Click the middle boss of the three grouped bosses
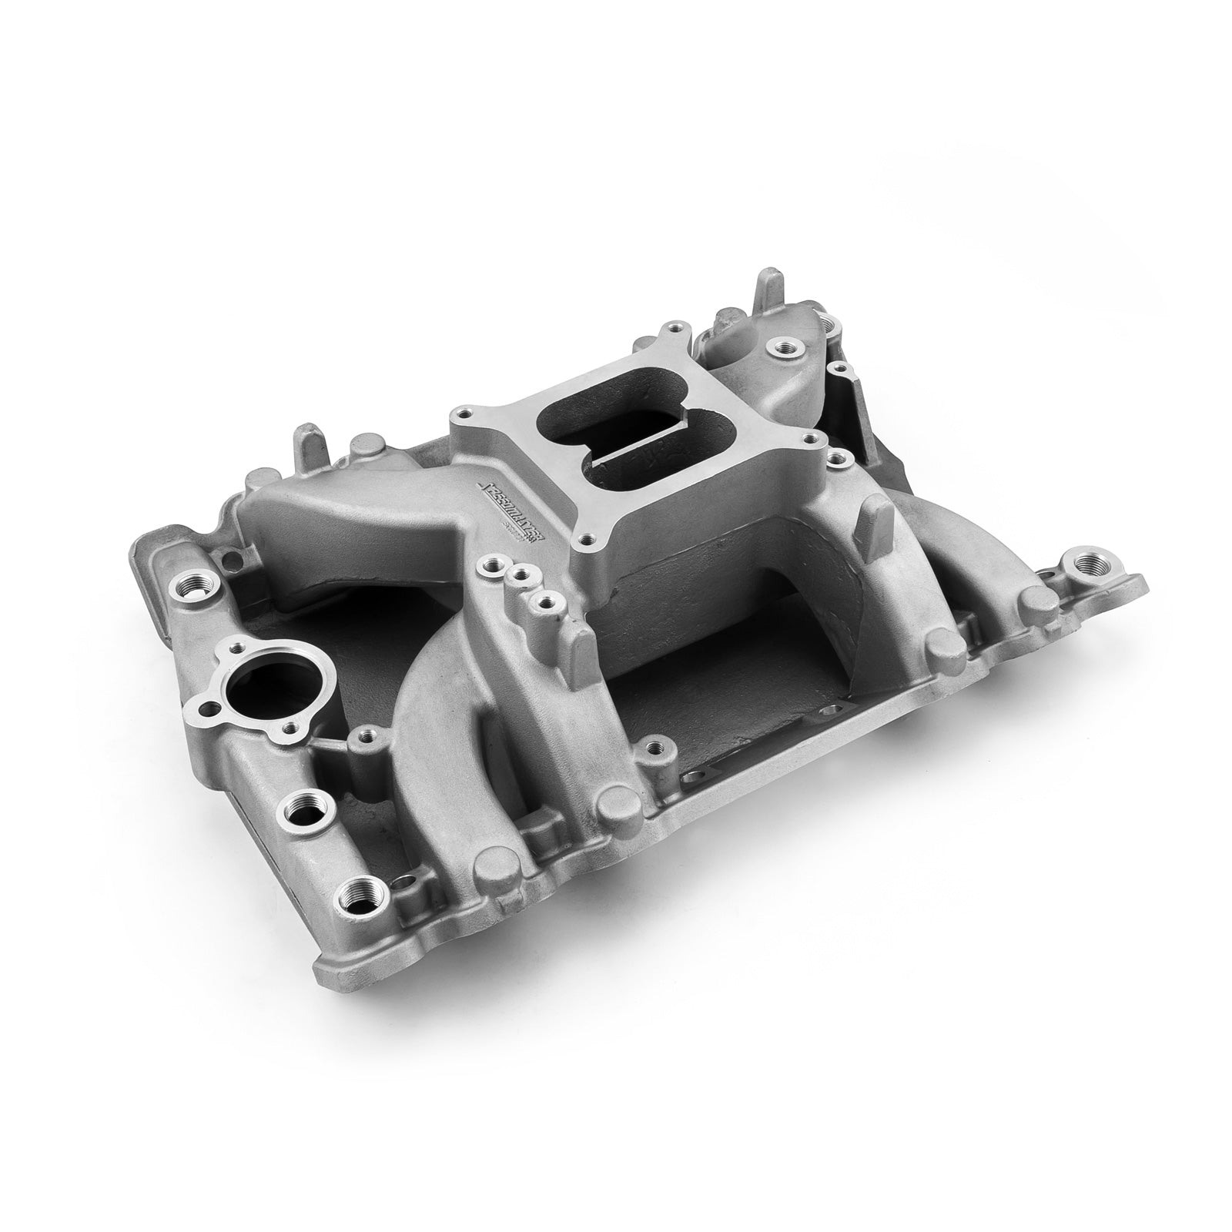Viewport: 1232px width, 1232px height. [523, 573]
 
